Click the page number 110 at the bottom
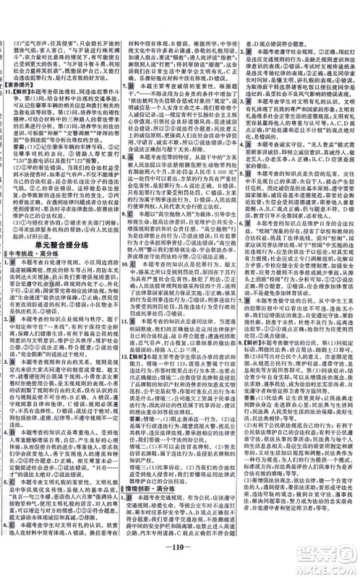tap(179, 561)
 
